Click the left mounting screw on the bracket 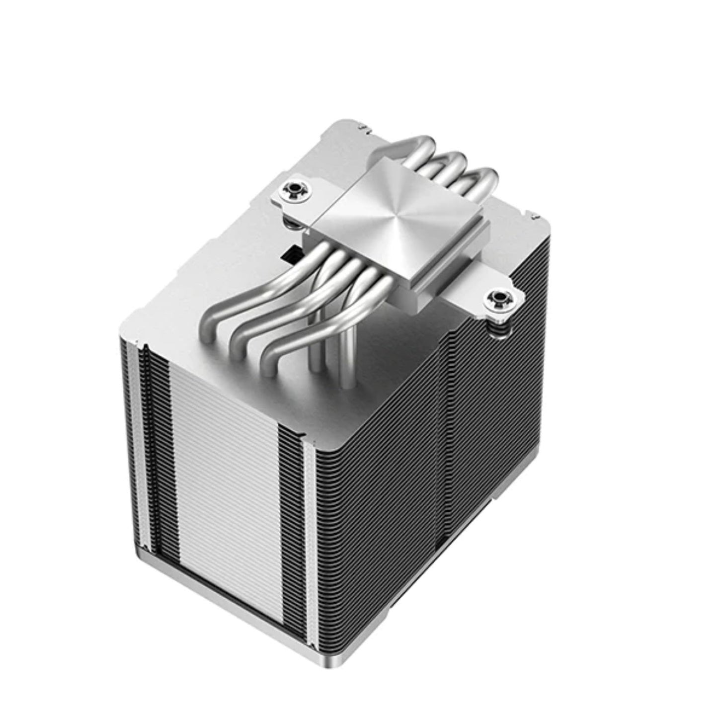click(x=291, y=189)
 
